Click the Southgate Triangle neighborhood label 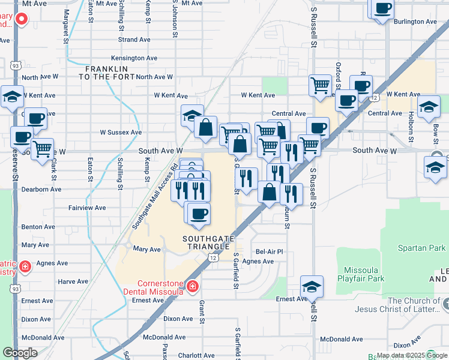point(207,242)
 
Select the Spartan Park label point(421,248)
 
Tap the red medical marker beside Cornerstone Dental point(192,287)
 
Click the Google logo point(20,353)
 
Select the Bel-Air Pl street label point(269,252)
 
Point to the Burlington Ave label point(415,22)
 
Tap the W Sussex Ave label point(121,132)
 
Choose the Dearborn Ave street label point(41,189)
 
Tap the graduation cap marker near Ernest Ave point(312,286)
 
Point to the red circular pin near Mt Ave point(21,19)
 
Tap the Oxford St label point(339,75)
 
